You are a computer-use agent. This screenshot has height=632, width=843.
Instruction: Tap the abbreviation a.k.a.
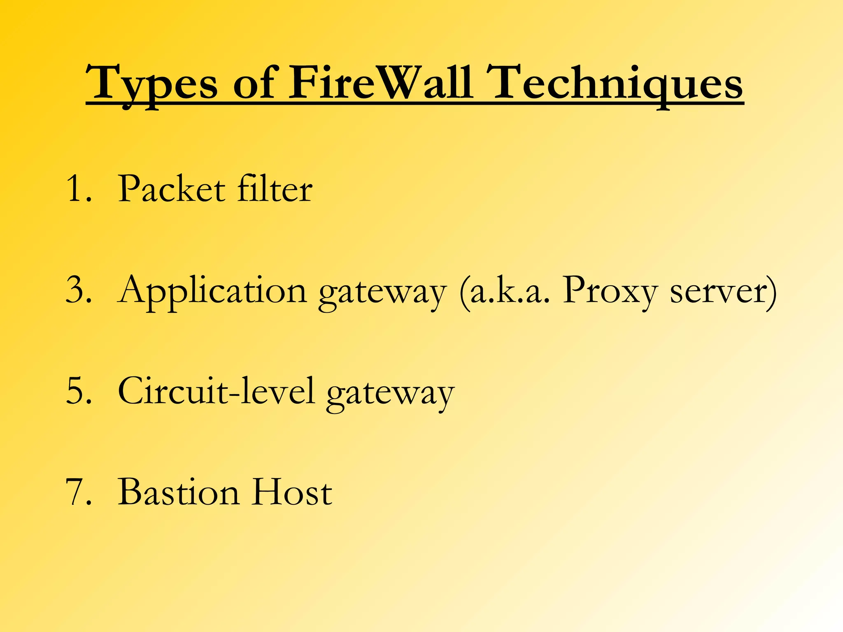tap(509, 290)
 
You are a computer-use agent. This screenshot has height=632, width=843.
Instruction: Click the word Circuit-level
tap(217, 391)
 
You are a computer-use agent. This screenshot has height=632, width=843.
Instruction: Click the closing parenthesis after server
tap(771, 291)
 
